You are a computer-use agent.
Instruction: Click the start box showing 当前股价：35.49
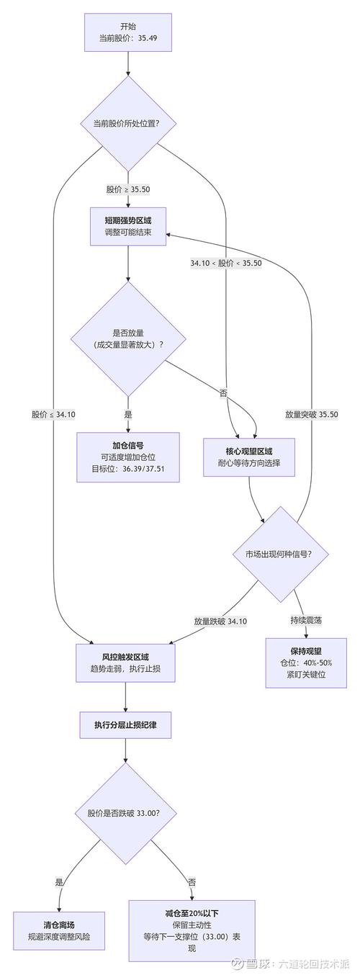pos(128,32)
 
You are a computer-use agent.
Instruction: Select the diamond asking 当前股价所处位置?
pos(128,123)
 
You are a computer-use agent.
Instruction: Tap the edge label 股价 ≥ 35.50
pos(128,189)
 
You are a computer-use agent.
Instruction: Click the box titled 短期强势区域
pos(128,226)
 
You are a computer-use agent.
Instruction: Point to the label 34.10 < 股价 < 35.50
pos(226,263)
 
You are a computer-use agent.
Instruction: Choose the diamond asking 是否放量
pos(128,338)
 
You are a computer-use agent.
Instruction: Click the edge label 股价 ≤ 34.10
pos(53,414)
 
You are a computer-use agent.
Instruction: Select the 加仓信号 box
pos(128,457)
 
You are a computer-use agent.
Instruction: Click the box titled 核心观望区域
pos(249,457)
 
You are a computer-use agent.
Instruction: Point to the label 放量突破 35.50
pos(311,414)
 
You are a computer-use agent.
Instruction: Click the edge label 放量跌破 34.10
pos(220,621)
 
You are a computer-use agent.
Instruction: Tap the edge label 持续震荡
pos(306,619)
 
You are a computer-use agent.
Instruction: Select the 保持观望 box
pos(306,662)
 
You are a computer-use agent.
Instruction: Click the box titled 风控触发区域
pos(126,662)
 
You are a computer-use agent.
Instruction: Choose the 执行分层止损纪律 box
pos(126,726)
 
